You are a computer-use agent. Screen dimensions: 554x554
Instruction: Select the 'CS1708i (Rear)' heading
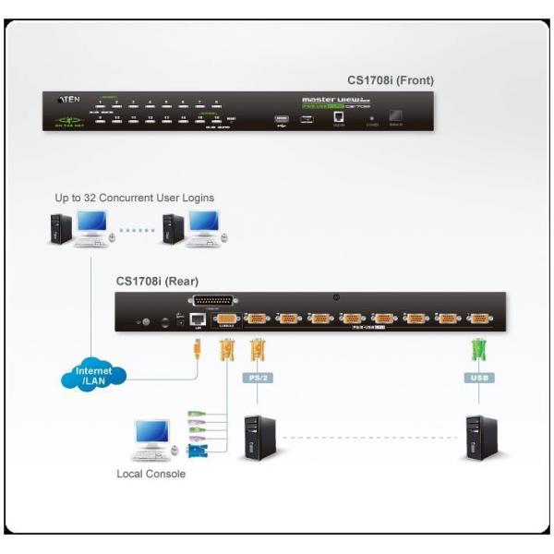tap(157, 281)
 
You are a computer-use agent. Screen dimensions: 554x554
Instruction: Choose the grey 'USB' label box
tap(478, 377)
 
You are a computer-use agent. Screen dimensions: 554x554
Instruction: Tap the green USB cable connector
tap(478, 351)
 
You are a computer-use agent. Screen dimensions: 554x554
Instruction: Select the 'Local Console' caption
tap(151, 474)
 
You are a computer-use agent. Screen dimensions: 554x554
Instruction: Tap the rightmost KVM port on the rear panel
tap(478, 319)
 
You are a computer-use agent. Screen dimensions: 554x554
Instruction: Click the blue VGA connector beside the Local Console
tap(197, 450)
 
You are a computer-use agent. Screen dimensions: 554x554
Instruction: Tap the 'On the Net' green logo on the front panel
tap(67, 120)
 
